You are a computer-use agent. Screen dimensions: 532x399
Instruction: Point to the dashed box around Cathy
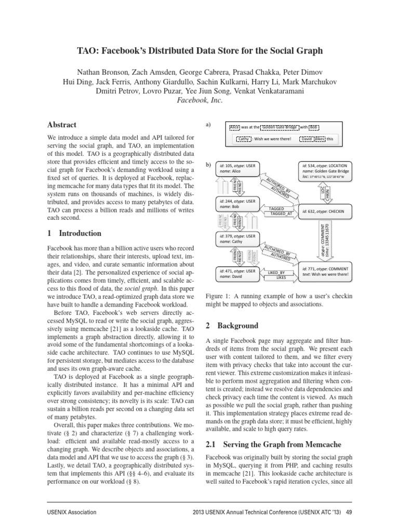tap(243, 139)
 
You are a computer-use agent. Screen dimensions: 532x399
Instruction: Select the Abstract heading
tap(62, 125)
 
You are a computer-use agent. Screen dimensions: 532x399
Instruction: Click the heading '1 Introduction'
tap(74, 233)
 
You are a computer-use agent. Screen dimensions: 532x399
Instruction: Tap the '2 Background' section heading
tap(232, 326)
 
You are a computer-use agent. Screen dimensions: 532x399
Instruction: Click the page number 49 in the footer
tap(349, 512)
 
